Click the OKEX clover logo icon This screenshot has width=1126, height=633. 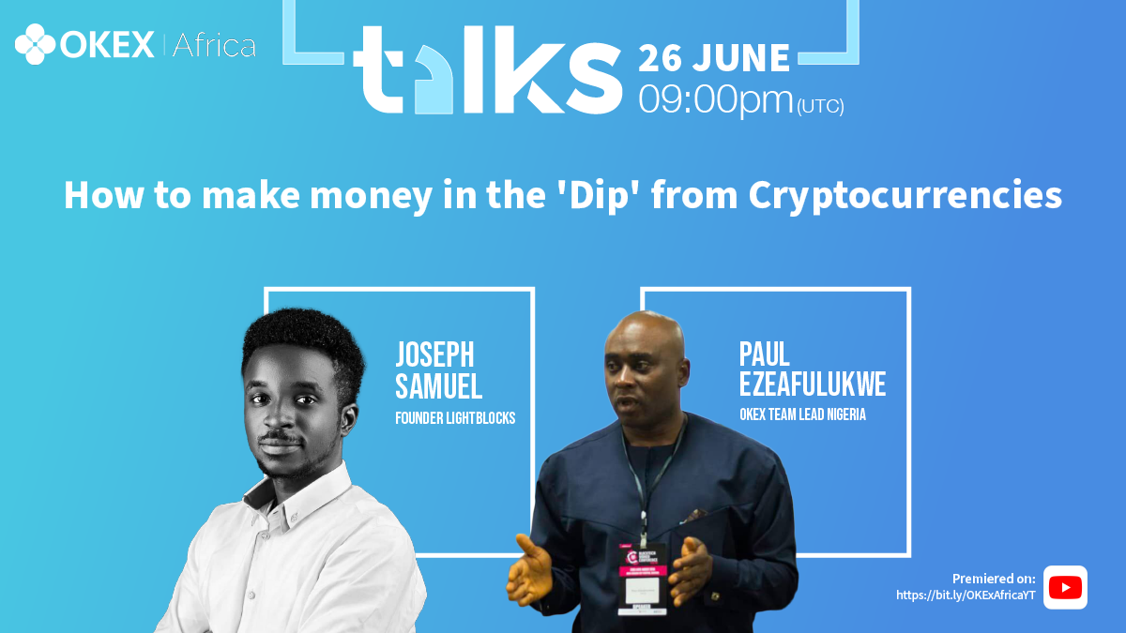36,44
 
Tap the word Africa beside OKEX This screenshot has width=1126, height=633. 214,45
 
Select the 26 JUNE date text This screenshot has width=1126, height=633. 714,58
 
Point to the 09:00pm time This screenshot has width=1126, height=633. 715,100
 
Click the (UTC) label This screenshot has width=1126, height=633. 820,106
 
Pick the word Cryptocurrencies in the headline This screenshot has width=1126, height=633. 905,195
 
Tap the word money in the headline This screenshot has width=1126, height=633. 371,196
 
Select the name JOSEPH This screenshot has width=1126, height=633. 434,354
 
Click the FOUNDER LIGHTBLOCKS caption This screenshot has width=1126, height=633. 455,418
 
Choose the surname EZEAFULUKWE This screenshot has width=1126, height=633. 813,384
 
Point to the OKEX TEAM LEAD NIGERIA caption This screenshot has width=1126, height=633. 803,414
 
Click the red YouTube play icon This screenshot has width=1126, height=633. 1065,587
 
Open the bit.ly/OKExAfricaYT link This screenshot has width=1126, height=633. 966,595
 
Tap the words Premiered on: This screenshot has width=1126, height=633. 994,579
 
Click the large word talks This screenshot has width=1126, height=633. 488,69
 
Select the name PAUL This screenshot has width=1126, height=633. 765,354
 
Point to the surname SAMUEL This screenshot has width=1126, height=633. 439,386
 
